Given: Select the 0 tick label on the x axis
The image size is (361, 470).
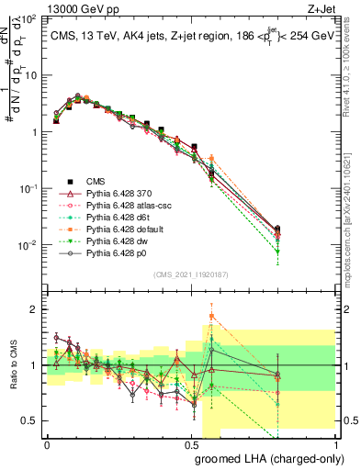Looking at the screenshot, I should [x=47, y=442].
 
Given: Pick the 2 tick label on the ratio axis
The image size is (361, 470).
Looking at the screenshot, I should [x=35, y=309].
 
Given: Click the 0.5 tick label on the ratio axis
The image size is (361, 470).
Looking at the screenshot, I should [x=31, y=420].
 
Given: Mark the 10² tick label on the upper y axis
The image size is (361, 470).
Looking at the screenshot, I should [x=29, y=18].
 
